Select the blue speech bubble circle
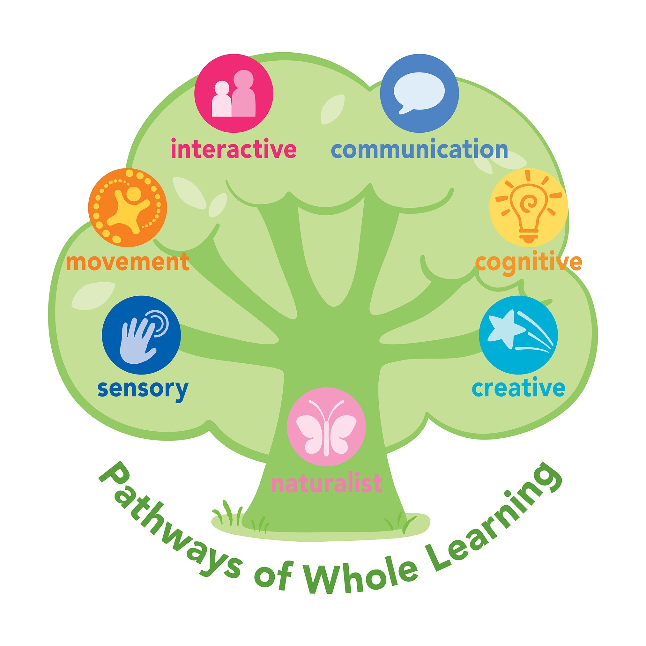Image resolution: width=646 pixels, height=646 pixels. tap(419, 93)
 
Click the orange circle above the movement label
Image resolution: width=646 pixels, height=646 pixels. tap(128, 208)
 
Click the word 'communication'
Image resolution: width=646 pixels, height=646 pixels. tap(419, 151)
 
